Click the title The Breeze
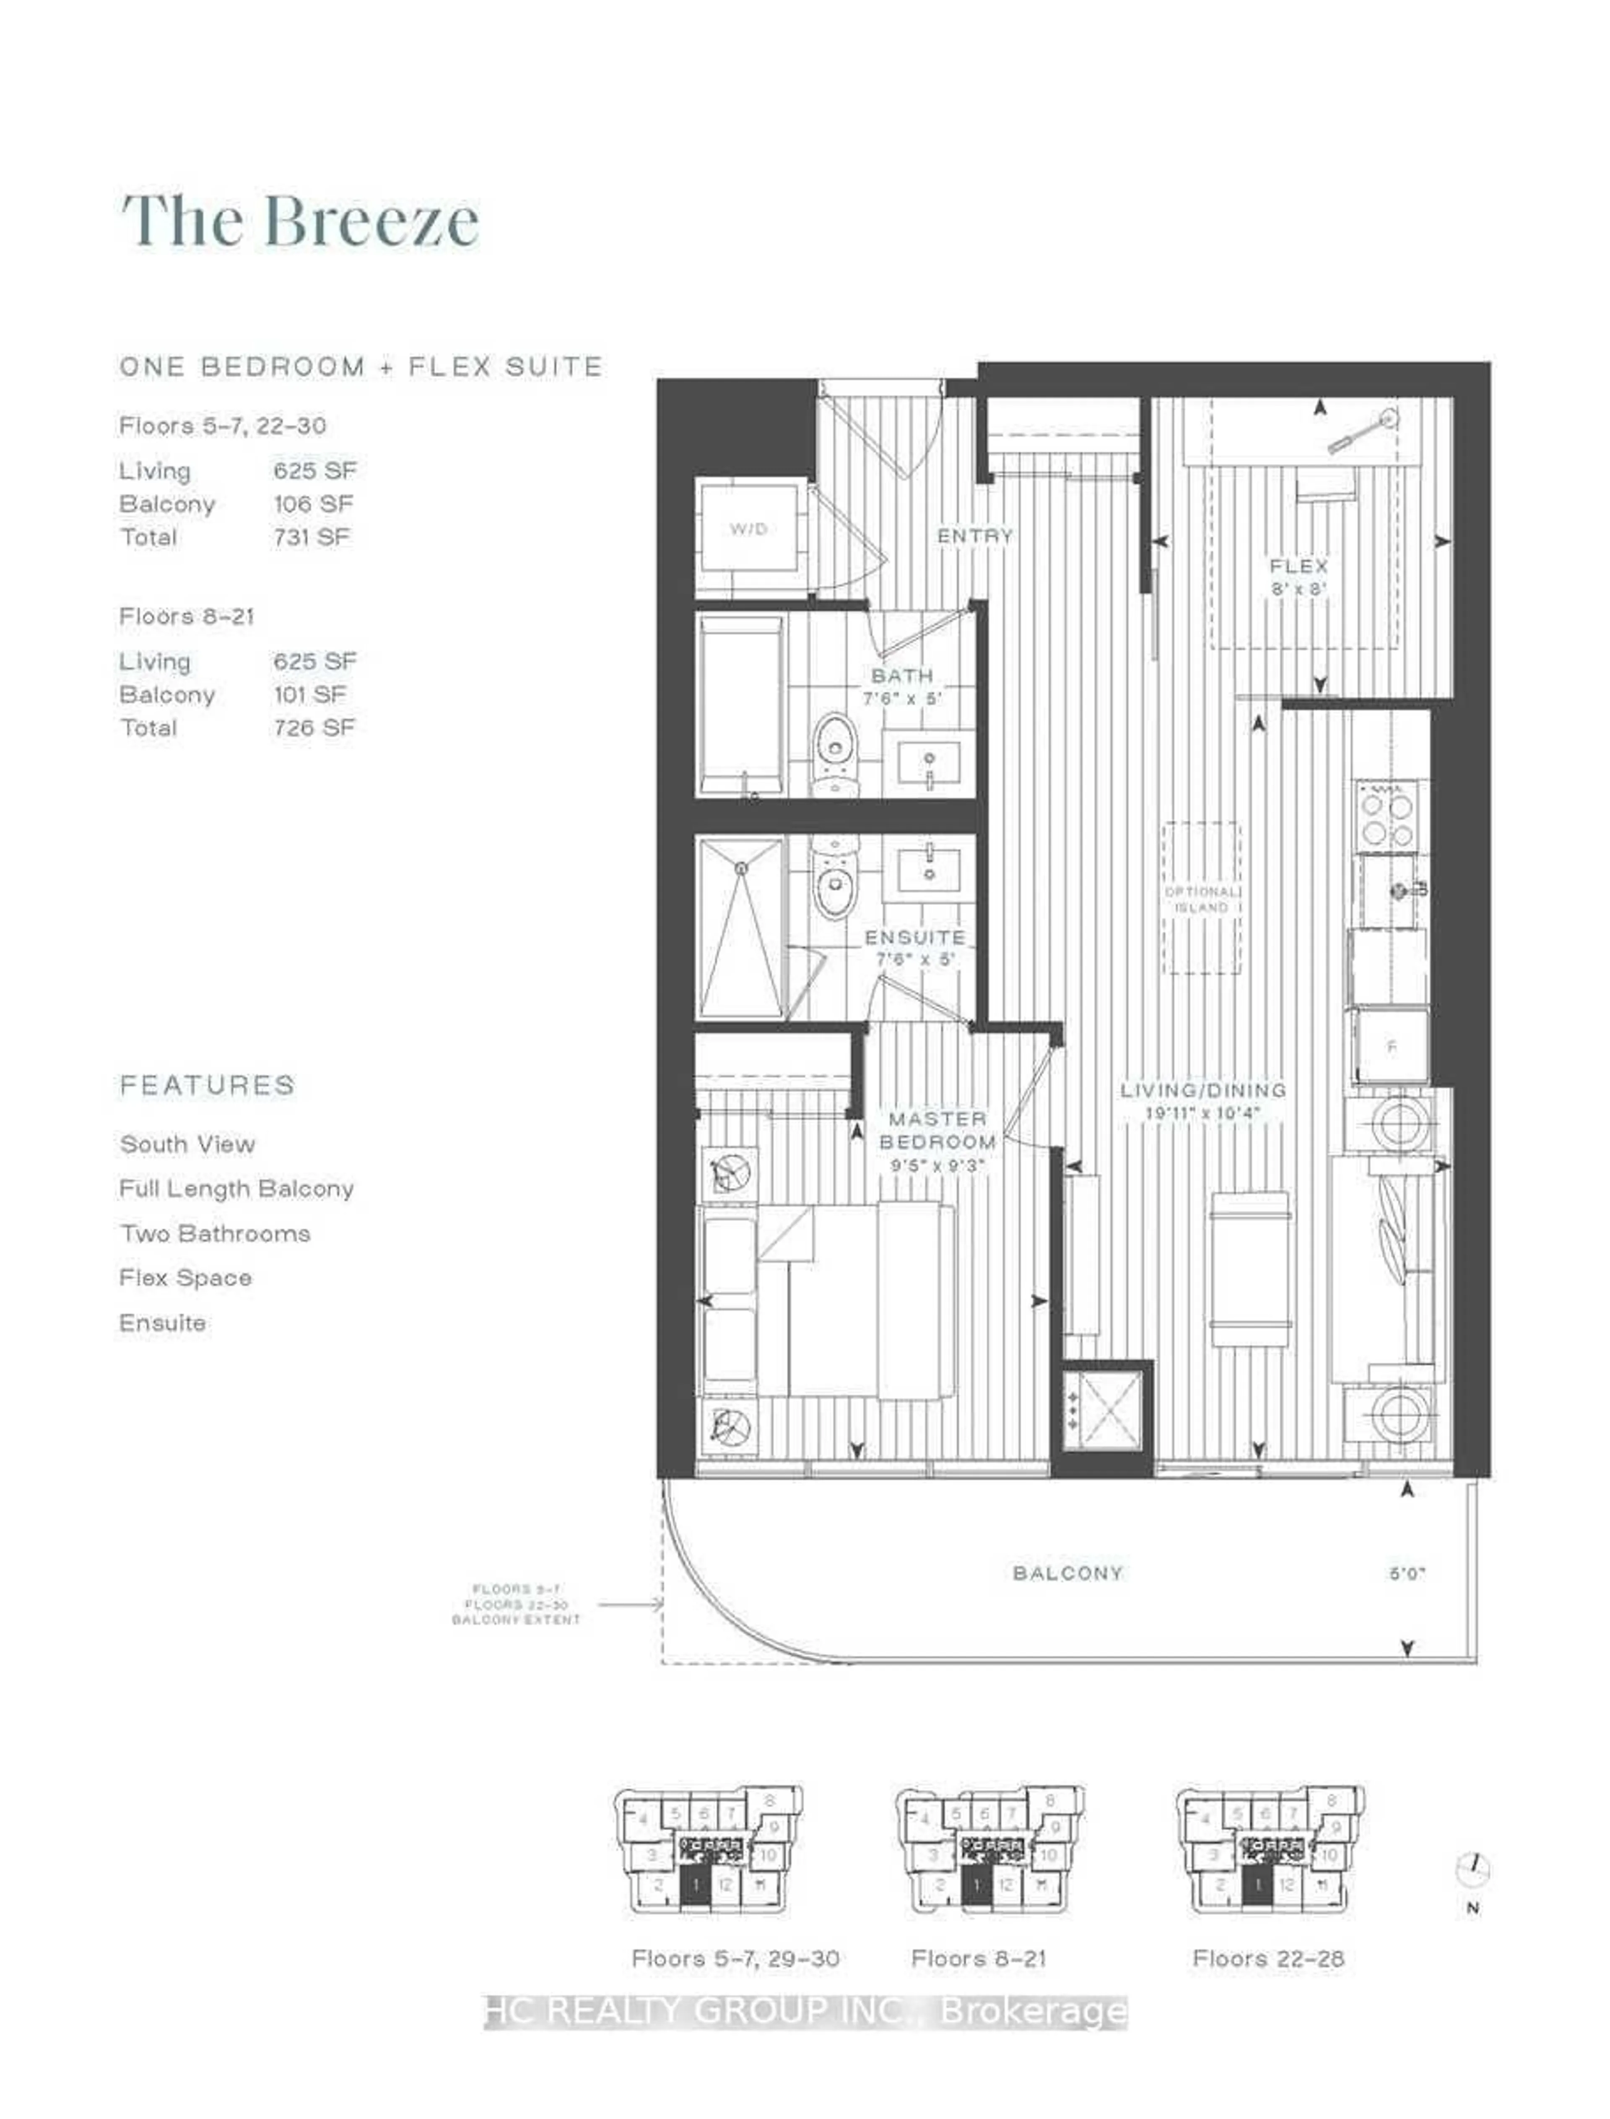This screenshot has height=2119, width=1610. tap(300, 221)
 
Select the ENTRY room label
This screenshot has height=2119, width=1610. tap(975, 537)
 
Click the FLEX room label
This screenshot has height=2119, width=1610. tap(1298, 567)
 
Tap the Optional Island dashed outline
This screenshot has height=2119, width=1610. tap(1202, 898)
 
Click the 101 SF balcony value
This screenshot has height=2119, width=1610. tap(309, 695)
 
